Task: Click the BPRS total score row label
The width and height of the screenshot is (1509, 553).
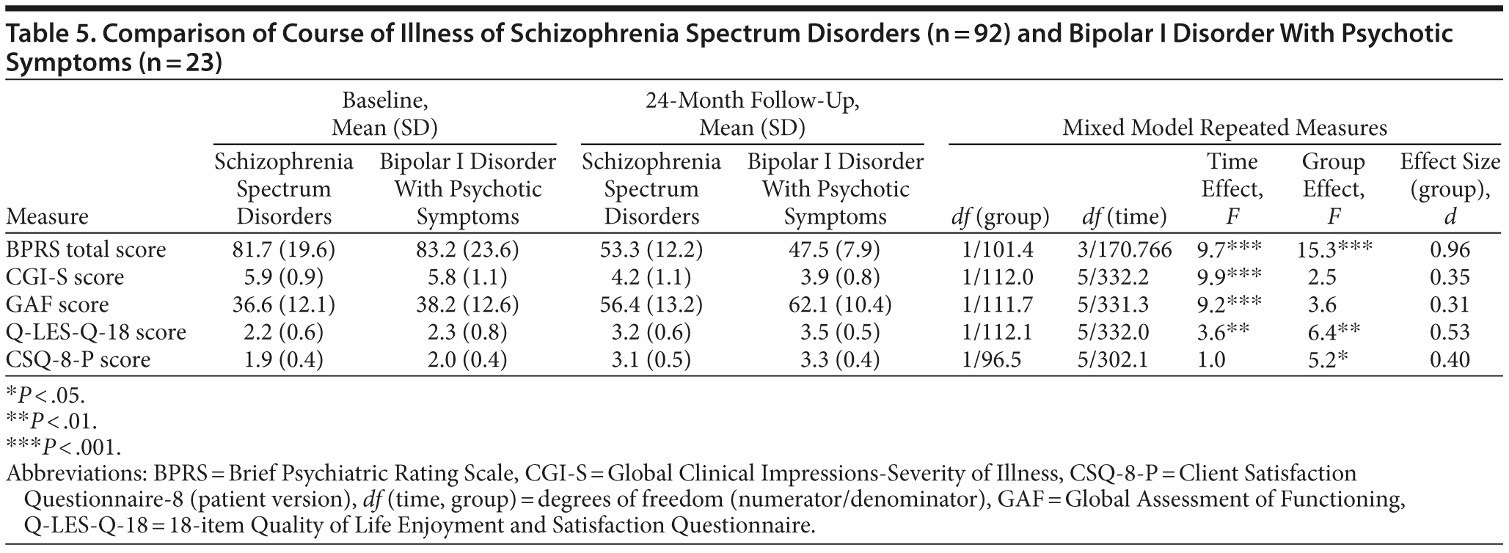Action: click(x=86, y=250)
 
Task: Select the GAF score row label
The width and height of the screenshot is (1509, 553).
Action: click(x=57, y=305)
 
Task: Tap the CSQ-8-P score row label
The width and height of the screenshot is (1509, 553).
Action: click(x=78, y=360)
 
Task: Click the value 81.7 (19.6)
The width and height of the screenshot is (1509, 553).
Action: click(x=283, y=250)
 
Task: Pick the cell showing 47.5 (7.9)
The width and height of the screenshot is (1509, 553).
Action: click(x=835, y=250)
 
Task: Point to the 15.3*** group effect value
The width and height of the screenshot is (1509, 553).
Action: click(x=1333, y=250)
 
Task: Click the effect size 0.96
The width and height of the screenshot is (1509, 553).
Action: click(x=1450, y=250)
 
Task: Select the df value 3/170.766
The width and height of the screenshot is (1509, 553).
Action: click(x=1124, y=250)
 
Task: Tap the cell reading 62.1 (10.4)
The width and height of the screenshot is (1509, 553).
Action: click(x=835, y=305)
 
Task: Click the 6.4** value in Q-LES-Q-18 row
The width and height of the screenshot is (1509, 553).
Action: click(x=1333, y=332)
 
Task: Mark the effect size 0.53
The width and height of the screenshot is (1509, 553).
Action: click(x=1450, y=332)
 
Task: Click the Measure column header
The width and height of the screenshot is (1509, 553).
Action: click(x=46, y=217)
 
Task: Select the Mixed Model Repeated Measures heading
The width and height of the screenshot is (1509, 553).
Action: click(x=1224, y=128)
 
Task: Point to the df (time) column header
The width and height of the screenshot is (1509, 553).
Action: click(x=1124, y=217)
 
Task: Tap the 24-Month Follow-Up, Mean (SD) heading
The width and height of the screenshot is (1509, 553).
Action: click(x=752, y=114)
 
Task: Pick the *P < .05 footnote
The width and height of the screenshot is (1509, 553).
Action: click(x=45, y=396)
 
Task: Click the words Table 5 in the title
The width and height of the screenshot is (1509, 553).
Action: click(x=47, y=34)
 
